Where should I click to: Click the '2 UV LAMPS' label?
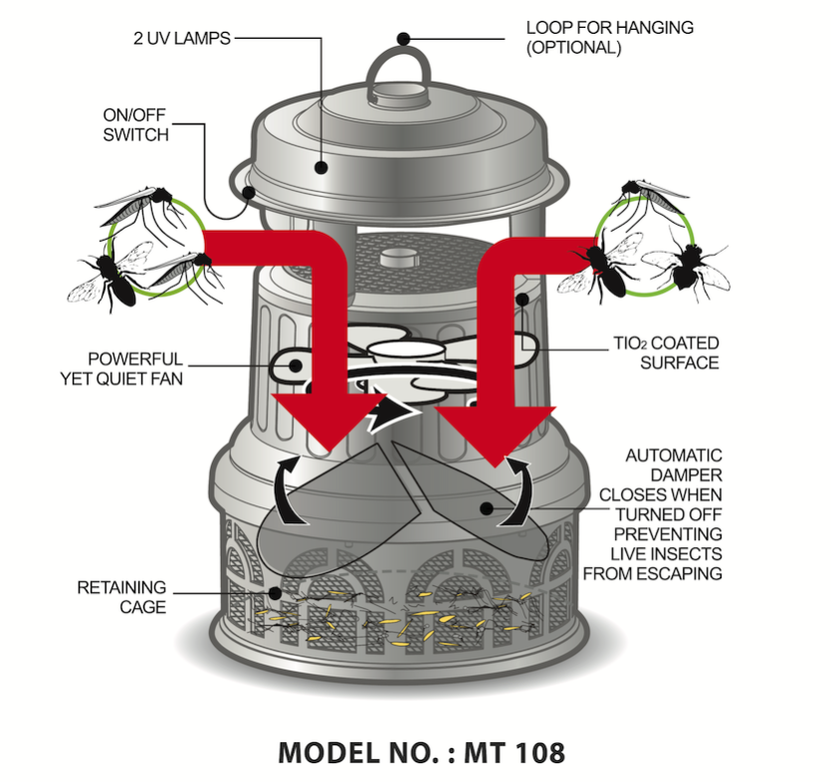(182, 40)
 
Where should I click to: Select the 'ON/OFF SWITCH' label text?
(135, 124)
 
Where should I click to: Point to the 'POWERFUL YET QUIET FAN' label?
(135, 367)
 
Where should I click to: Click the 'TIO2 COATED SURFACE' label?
(665, 353)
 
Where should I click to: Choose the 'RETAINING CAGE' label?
(121, 597)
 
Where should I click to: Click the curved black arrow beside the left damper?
(284, 488)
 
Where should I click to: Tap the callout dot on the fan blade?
(296, 366)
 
